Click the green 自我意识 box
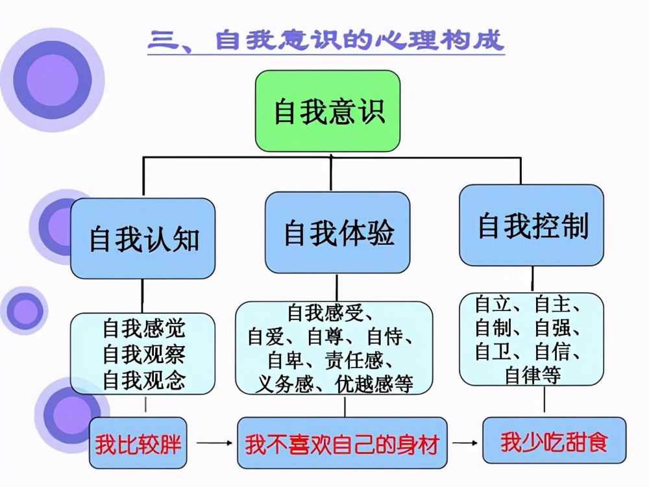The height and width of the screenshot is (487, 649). [x=328, y=111]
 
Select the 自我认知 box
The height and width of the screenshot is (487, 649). [x=143, y=238]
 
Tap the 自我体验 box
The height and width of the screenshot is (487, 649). [x=337, y=232]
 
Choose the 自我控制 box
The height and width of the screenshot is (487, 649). [x=532, y=225]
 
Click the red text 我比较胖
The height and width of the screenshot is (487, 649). [x=138, y=445]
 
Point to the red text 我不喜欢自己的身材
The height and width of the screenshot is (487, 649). [x=342, y=445]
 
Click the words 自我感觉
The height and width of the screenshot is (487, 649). [x=143, y=329]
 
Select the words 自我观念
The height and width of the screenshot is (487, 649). [x=143, y=379]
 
